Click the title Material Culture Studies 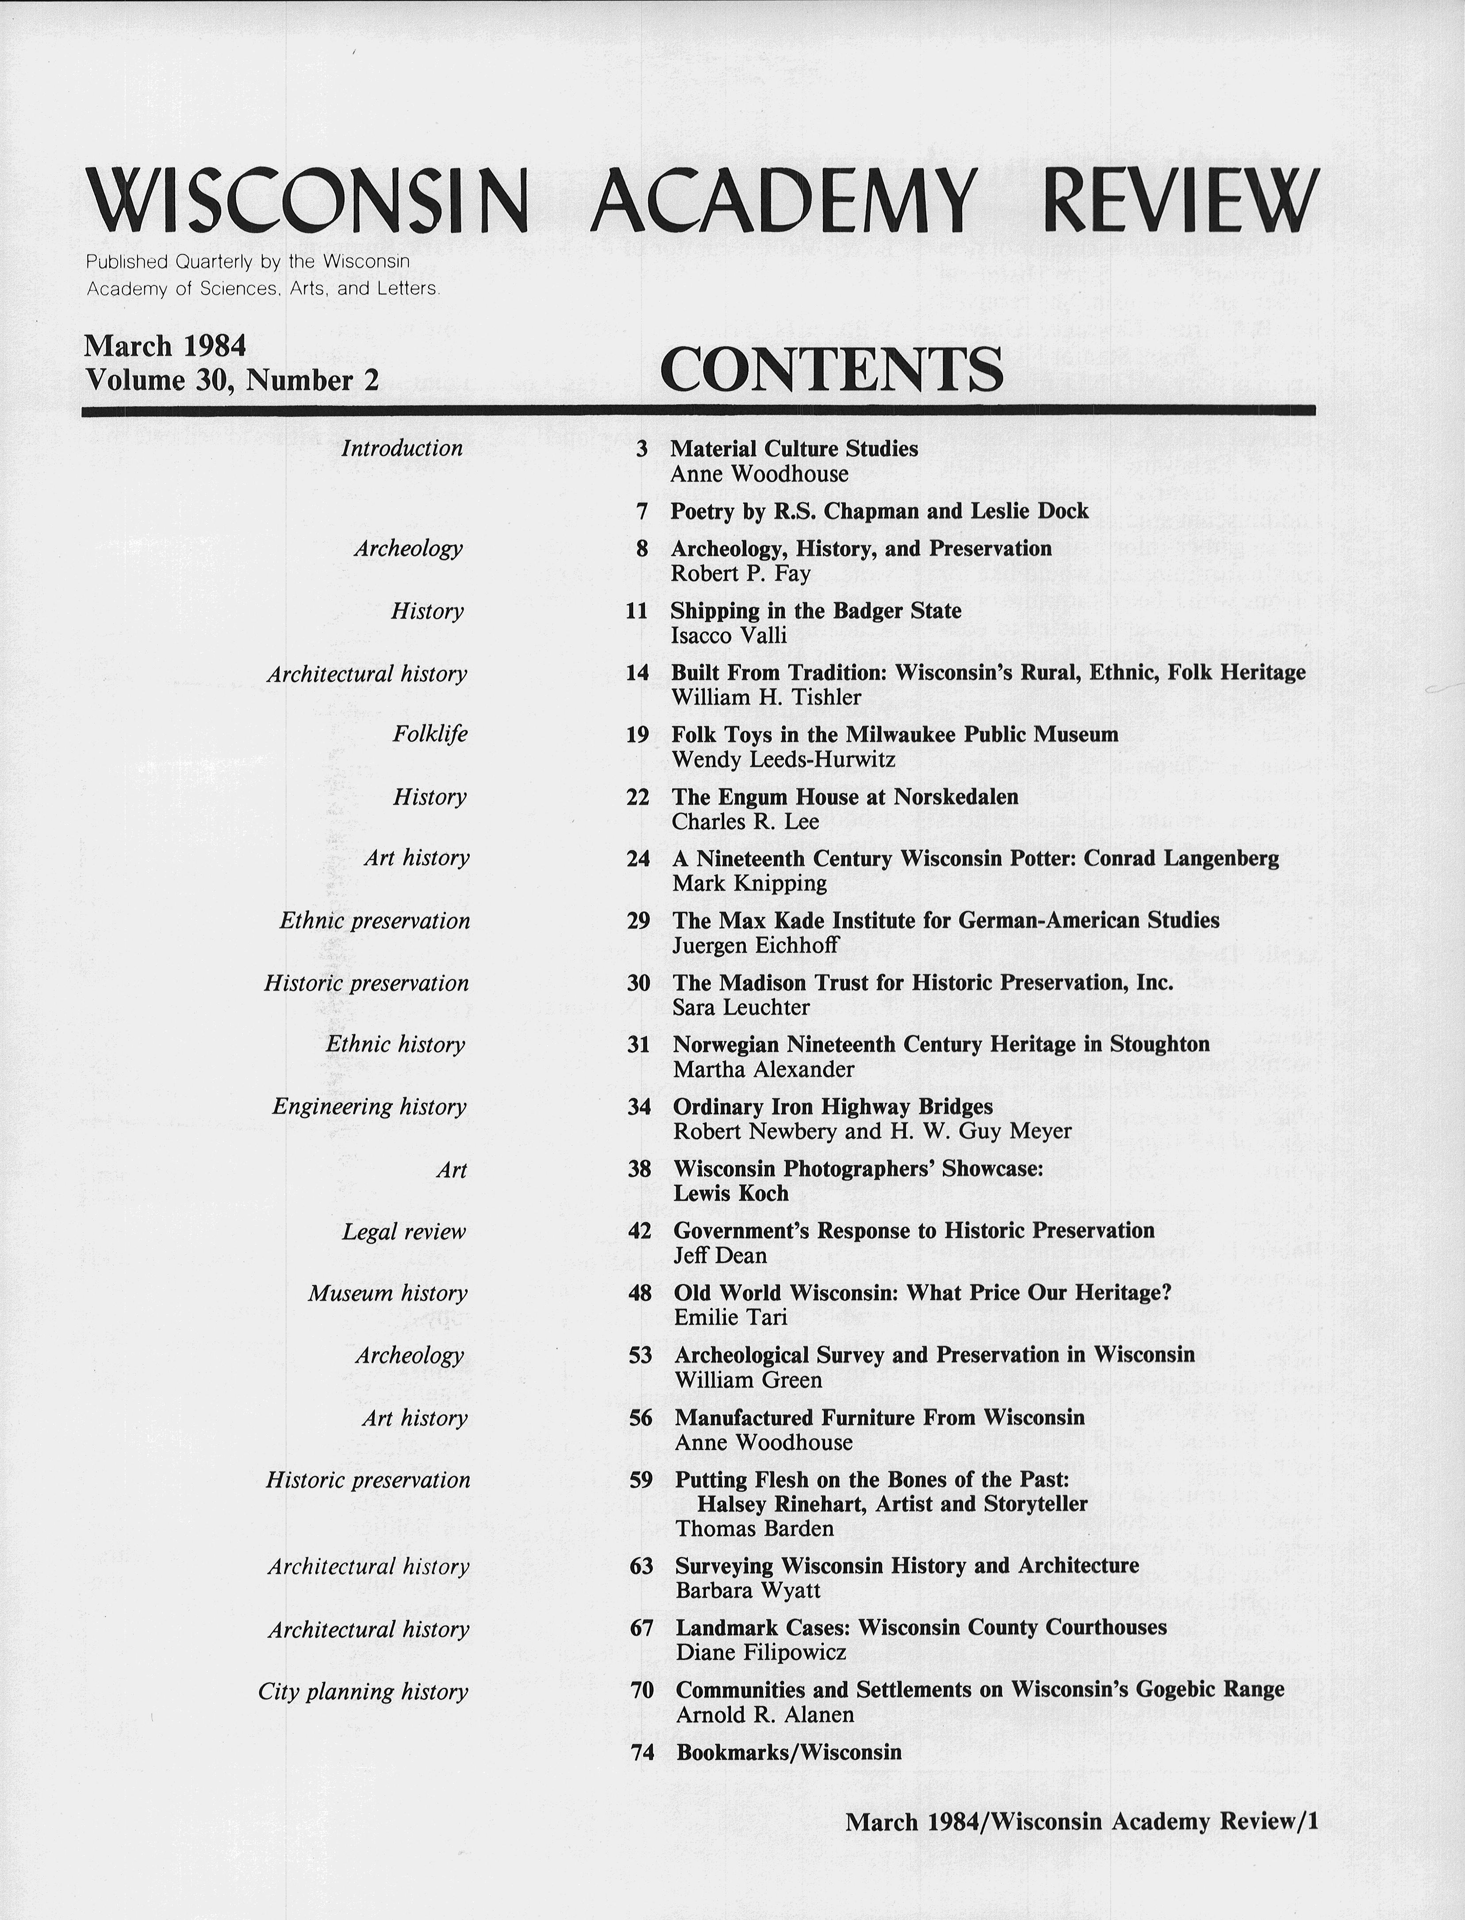794,449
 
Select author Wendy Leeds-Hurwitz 783,760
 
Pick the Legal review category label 404,1231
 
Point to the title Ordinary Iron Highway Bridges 833,1106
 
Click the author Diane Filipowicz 760,1652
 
